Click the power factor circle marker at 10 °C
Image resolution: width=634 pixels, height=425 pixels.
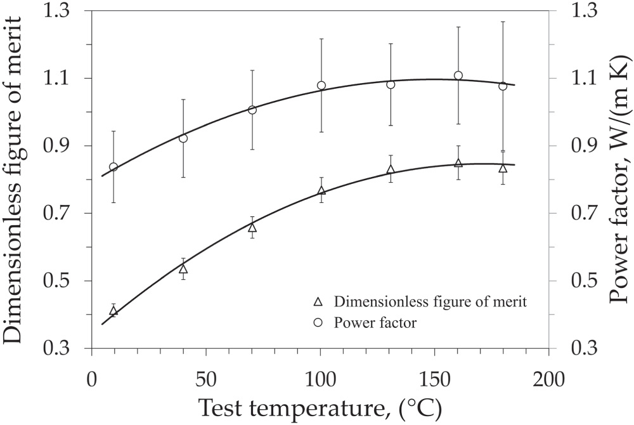point(113,167)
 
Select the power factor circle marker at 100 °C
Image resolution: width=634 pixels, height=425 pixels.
point(321,86)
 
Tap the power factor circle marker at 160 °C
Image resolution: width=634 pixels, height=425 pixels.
point(458,75)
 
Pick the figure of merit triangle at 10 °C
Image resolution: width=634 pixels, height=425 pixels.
point(113,311)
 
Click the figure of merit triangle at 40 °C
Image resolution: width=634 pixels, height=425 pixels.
point(183,269)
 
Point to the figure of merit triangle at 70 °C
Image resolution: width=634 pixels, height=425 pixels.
point(252,228)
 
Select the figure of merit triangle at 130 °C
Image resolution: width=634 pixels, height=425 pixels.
point(391,169)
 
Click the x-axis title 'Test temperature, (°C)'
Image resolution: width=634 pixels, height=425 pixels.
point(320,408)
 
